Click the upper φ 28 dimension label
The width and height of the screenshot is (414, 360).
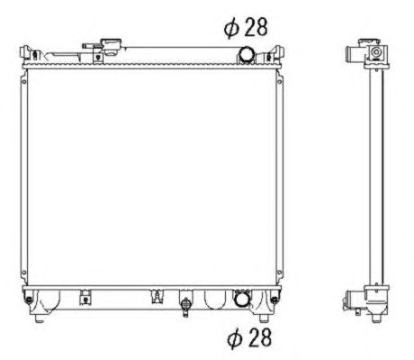[246, 27]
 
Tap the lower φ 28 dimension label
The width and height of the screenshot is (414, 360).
[249, 337]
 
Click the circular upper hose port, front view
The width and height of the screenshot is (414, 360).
[247, 54]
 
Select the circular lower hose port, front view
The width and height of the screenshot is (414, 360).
[241, 299]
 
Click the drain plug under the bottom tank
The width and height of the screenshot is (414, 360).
[185, 305]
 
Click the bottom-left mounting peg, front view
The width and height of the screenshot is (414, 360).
[39, 319]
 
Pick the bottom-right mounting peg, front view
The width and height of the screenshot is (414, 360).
[264, 318]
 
